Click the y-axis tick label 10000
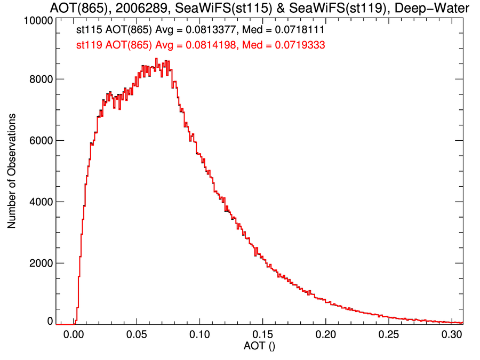pyautogui.click(x=37, y=21)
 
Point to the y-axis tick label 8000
pyautogui.click(x=40, y=79)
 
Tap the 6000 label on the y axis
pyautogui.click(x=40, y=140)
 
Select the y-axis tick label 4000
pyautogui.click(x=40, y=202)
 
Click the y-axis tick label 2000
pyautogui.click(x=40, y=263)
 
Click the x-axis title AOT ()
pyautogui.click(x=260, y=347)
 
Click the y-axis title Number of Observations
pyautogui.click(x=12, y=171)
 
